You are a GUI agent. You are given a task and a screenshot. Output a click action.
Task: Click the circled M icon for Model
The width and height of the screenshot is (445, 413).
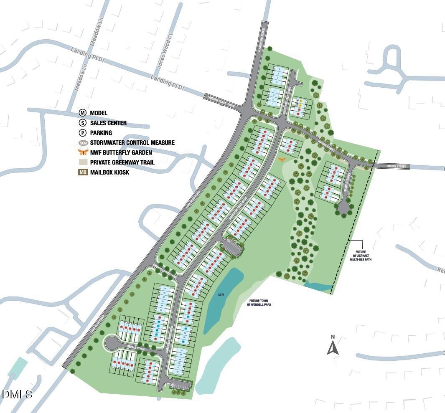tap(83, 113)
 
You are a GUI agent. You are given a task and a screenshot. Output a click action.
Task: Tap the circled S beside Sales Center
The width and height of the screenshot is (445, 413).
tap(83, 123)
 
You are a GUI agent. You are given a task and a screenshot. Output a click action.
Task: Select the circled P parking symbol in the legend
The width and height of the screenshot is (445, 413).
tap(83, 133)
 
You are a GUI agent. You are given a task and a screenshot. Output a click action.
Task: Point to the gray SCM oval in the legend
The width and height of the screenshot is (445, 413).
tap(83, 143)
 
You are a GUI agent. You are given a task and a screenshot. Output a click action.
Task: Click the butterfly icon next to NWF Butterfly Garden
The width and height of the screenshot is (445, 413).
tap(83, 152)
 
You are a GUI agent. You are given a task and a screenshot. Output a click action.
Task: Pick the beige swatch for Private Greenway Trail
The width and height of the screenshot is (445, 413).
tap(83, 162)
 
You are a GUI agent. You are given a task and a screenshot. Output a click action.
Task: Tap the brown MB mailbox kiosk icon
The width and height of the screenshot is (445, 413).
tap(83, 172)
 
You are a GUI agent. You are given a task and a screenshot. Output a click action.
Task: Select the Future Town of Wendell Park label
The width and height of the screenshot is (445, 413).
tap(259, 302)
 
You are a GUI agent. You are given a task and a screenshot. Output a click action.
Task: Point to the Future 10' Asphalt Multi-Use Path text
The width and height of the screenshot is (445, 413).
tap(361, 256)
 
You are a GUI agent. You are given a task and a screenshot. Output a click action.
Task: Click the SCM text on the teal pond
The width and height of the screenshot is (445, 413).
tap(221, 295)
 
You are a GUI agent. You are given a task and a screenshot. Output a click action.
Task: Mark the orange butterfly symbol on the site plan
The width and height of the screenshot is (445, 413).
tap(282, 159)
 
